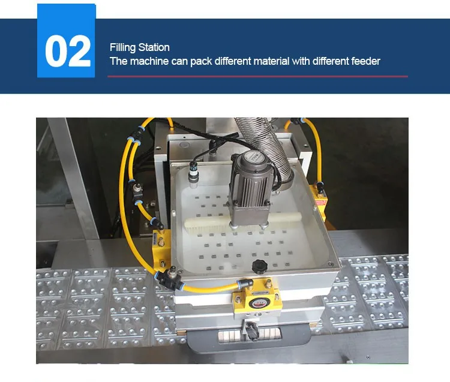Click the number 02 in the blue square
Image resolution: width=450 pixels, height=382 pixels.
[x=68, y=51]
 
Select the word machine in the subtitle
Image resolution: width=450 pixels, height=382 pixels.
[x=149, y=61]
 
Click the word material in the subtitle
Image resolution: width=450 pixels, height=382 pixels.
[x=271, y=61]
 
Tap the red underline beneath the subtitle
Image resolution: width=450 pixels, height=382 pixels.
[x=258, y=77]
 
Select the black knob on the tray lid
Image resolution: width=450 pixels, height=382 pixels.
[x=259, y=266]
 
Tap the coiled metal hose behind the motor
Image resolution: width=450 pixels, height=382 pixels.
[x=267, y=146]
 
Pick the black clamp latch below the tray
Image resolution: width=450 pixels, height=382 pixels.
[x=251, y=330]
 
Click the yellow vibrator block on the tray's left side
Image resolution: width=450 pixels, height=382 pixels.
[x=160, y=248]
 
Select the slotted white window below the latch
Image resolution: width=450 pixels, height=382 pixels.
[x=249, y=336]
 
